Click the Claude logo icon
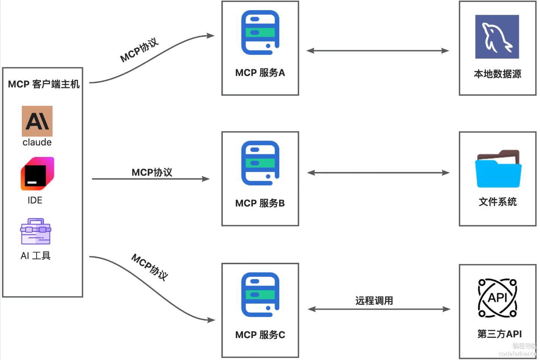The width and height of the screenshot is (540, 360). (37, 121)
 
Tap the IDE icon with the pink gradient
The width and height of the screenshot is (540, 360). (37, 174)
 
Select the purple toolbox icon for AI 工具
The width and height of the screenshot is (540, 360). (36, 231)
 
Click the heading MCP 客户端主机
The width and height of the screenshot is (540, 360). (43, 84)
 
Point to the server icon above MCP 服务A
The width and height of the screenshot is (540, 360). (260, 33)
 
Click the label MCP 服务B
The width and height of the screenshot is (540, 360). (260, 203)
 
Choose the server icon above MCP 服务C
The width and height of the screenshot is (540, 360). (260, 295)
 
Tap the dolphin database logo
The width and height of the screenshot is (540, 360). (497, 37)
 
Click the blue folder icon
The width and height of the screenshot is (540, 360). (498, 169)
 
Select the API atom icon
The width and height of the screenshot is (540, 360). (497, 298)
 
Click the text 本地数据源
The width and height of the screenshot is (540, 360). (497, 74)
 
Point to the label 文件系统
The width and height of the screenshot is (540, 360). (497, 202)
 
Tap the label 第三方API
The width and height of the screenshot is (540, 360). (499, 334)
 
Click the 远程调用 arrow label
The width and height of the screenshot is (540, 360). (374, 301)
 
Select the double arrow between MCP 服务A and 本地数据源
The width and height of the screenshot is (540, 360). (378, 51)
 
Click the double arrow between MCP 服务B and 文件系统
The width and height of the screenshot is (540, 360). (378, 173)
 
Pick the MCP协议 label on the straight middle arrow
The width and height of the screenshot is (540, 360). (152, 172)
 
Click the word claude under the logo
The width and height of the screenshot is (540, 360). (37, 142)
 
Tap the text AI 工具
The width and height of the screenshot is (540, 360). (36, 256)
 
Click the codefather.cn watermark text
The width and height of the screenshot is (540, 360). (517, 354)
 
